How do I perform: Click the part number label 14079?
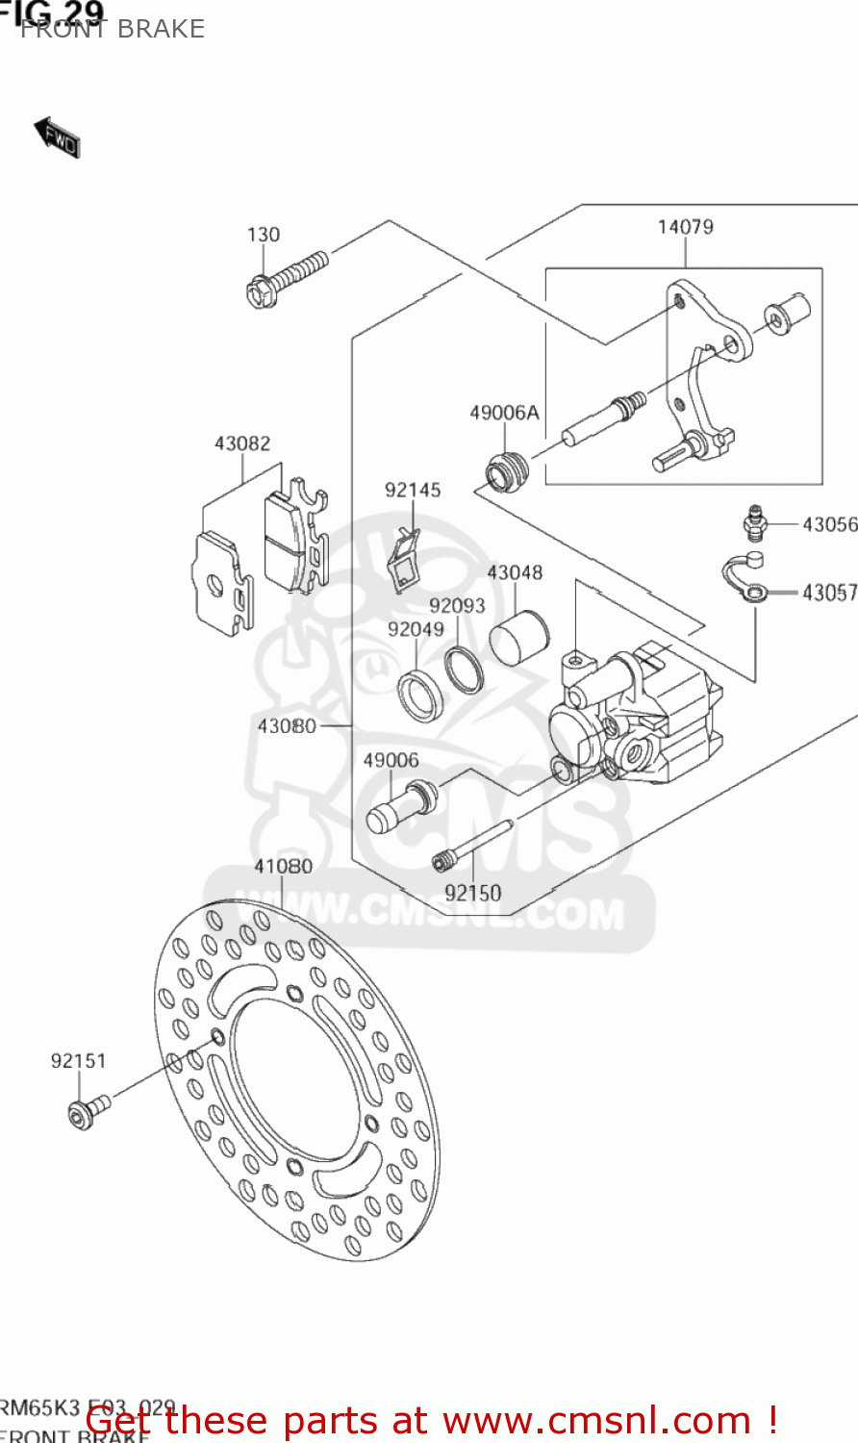click(685, 227)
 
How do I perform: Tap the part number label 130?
click(263, 235)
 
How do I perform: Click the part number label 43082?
click(241, 443)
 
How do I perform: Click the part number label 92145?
click(413, 490)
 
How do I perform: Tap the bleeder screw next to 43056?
click(754, 521)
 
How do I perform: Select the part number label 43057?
click(829, 593)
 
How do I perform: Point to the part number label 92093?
click(457, 605)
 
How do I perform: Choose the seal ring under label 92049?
click(420, 695)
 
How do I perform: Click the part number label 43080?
click(287, 725)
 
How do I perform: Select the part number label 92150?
click(472, 893)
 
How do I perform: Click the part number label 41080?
click(283, 866)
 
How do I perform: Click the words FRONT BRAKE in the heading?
click(113, 29)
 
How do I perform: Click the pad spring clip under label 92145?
click(404, 560)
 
